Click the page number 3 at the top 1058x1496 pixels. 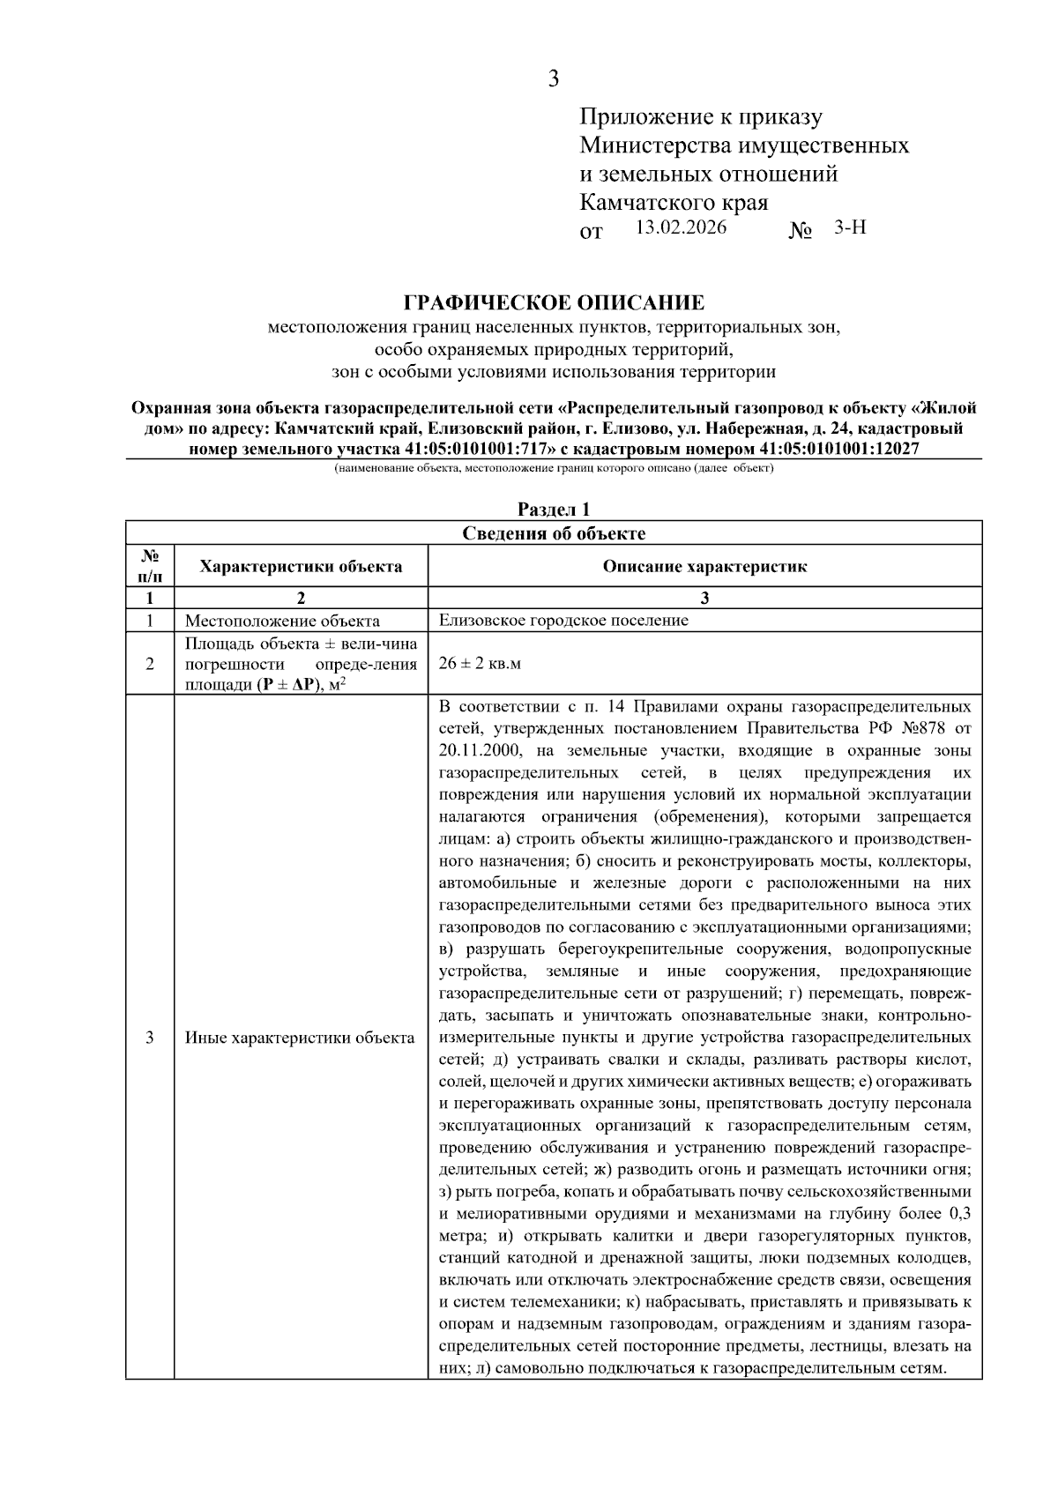point(553,79)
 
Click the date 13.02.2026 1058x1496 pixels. point(681,227)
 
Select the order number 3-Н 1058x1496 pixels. point(850,227)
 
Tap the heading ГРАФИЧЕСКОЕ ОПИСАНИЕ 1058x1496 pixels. point(554,303)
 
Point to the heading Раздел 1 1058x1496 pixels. point(553,510)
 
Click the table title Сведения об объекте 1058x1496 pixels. point(554,533)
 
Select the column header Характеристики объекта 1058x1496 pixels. point(301,566)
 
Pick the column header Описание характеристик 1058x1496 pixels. point(704,566)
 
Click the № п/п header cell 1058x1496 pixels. point(150,566)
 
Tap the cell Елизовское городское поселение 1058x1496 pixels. point(563,620)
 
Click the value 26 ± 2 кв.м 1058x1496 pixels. point(480,663)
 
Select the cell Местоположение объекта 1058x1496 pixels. point(282,620)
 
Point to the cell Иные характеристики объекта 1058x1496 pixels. point(300,1038)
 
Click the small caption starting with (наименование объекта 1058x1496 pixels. point(553,468)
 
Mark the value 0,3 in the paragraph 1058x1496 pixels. point(958,1213)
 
